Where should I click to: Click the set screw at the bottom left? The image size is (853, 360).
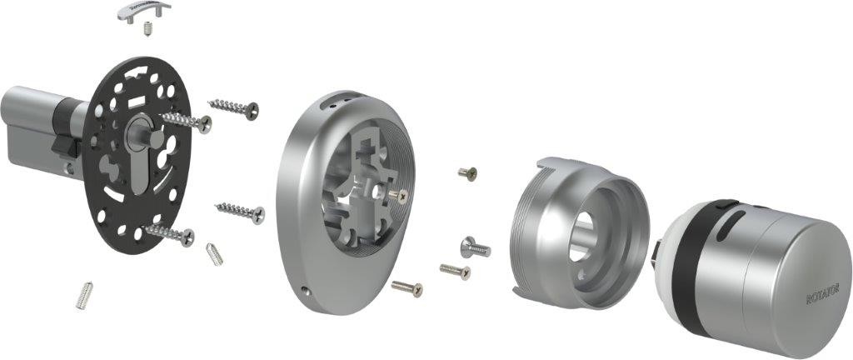coord(85,294)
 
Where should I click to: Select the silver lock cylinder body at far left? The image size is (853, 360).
coord(29,125)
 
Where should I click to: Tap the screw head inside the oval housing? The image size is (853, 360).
coord(402,195)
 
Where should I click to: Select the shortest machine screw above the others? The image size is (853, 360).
coord(467,172)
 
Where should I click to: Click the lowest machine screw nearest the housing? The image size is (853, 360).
coord(407,287)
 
